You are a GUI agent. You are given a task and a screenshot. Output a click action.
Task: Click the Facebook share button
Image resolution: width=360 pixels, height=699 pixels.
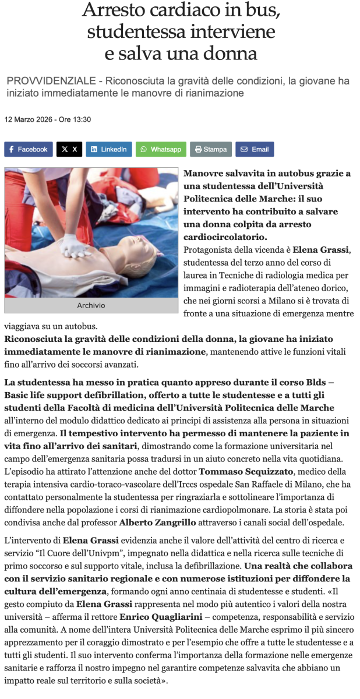pyautogui.click(x=28, y=149)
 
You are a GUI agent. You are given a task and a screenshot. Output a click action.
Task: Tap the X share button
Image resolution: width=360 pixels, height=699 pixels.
pyautogui.click(x=69, y=149)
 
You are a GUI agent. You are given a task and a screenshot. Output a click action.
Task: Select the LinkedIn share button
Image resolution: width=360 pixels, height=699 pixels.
pyautogui.click(x=108, y=149)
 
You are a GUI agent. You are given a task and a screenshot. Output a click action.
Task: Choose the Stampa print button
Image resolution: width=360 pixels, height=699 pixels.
pyautogui.click(x=210, y=149)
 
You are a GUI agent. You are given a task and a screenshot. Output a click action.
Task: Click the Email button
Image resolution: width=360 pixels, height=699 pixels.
pyautogui.click(x=255, y=149)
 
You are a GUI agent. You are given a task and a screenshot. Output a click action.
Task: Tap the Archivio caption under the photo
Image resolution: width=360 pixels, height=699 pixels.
pyautogui.click(x=91, y=305)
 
